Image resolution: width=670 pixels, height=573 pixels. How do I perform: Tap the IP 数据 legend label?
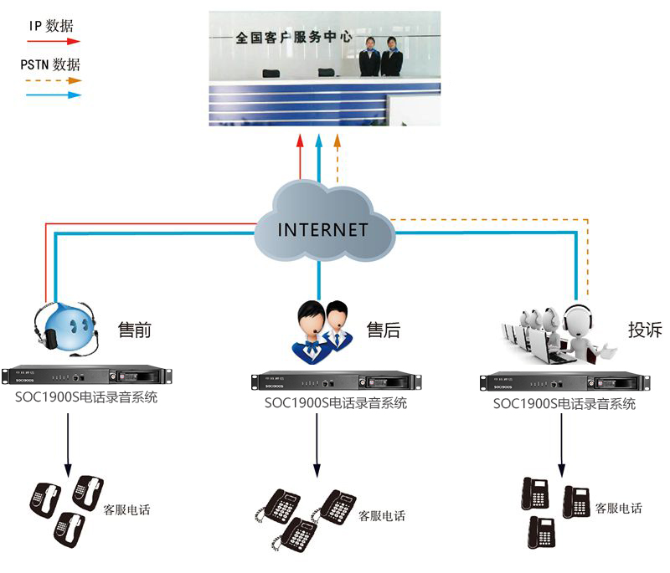tap(51, 25)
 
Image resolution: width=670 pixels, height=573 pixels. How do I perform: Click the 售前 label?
tap(135, 330)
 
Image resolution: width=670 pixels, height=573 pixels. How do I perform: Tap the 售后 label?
tap(384, 330)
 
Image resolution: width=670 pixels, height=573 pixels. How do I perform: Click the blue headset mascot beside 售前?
tap(65, 326)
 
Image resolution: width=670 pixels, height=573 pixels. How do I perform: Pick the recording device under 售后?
tap(332, 382)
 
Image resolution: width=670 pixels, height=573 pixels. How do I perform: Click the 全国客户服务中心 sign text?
tap(292, 38)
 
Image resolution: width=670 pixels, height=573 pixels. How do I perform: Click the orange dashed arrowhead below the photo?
tap(338, 140)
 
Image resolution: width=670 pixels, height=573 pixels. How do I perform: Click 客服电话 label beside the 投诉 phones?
tap(618, 508)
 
